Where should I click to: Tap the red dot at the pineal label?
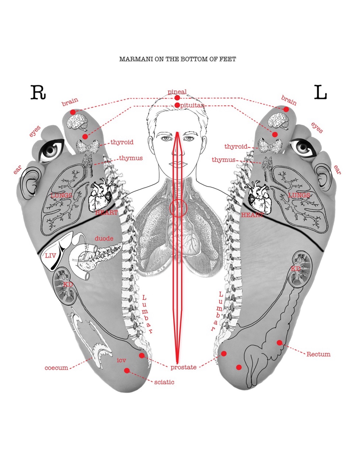pos(177,98)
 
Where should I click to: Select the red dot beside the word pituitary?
pos(177,105)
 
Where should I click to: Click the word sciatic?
pos(164,382)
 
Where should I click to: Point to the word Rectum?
pos(318,354)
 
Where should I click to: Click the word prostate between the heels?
pos(183,367)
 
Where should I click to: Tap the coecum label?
pos(56,368)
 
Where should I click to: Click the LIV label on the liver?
pos(51,256)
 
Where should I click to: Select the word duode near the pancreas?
pos(104,238)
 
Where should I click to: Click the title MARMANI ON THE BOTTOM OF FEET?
pos(177,59)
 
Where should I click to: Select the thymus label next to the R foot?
pos(131,158)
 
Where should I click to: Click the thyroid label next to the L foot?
pos(236,146)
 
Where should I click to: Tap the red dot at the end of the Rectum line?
pos(279,343)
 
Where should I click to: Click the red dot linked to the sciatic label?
pos(127,370)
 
